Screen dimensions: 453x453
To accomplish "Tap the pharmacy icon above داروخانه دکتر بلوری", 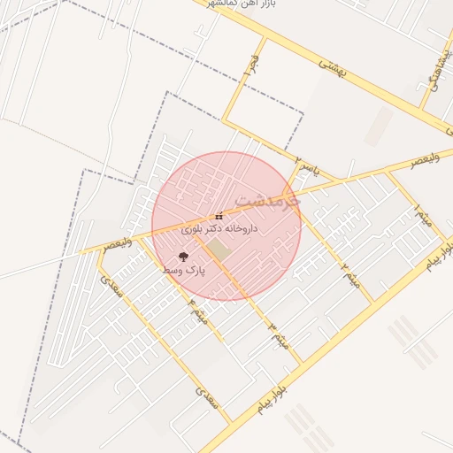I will [x=219, y=216].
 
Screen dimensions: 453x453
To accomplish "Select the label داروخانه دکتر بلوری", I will [x=219, y=228].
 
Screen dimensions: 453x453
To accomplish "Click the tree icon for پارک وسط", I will [x=184, y=257].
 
